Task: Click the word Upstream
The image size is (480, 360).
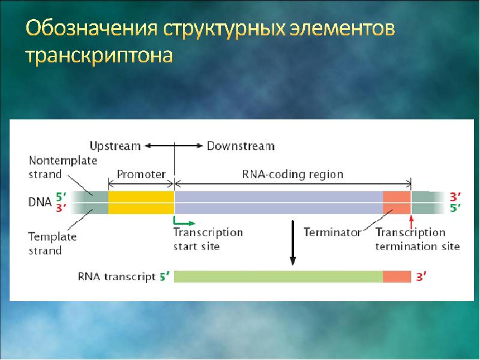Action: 115,146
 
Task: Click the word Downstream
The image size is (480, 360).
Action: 241,146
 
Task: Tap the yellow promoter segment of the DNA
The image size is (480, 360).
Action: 141,202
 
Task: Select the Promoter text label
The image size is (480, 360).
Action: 141,175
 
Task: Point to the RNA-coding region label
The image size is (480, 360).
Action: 292,175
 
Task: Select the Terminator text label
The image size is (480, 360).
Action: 332,232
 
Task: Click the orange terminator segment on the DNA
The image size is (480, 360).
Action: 397,202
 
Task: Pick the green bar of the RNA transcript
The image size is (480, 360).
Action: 278,277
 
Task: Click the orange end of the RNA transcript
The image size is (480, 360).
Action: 397,277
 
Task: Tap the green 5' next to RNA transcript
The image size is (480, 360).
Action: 165,277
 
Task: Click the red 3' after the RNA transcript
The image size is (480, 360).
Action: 422,277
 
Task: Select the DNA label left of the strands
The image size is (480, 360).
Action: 40,202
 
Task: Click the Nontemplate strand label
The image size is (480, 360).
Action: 62,167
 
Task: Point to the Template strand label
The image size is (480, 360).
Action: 52,243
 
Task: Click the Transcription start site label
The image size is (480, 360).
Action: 208,239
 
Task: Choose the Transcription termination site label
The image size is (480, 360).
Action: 417,239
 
